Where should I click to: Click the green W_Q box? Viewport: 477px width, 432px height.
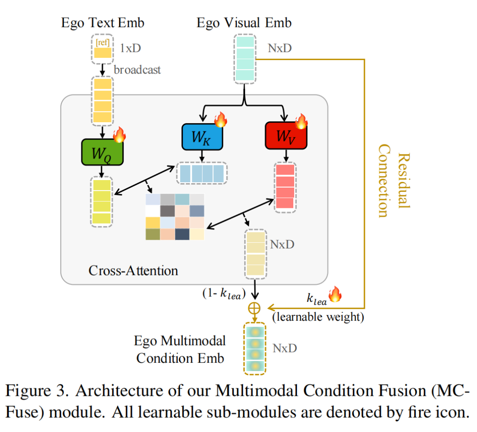102,152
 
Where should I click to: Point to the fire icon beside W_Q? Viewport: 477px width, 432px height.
119,135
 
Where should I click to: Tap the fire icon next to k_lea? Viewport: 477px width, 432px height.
335,295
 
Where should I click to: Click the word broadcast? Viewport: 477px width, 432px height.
137,70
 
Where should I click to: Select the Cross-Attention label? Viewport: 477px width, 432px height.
133,270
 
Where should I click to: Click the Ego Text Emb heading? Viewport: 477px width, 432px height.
102,23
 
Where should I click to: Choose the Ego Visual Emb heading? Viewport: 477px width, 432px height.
244,23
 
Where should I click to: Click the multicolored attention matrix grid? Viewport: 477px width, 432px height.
175,217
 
